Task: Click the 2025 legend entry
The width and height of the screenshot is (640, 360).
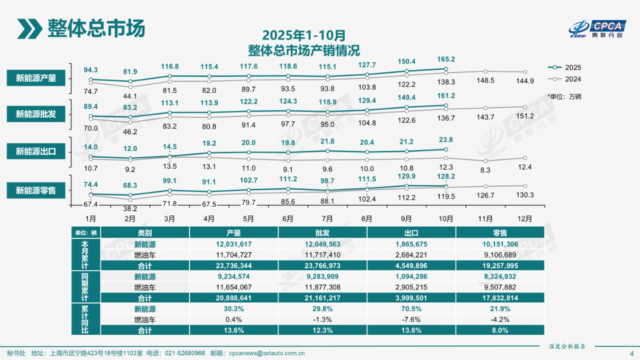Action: [x=565, y=67]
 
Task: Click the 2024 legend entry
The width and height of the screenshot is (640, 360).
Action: [x=565, y=79]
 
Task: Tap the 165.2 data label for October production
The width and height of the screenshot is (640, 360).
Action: [x=445, y=58]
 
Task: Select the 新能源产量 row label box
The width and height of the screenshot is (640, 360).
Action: [x=36, y=78]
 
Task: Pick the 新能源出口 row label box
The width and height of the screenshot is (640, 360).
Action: [x=36, y=151]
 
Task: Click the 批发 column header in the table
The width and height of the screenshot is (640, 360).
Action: [x=322, y=232]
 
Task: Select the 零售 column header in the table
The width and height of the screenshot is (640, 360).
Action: [x=500, y=232]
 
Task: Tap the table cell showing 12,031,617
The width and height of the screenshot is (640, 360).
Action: [x=233, y=244]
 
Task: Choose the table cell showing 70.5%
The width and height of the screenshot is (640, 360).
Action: [x=411, y=309]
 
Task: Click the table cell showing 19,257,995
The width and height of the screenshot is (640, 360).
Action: [x=500, y=265]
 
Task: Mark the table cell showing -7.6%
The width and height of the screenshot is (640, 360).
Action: [x=411, y=319]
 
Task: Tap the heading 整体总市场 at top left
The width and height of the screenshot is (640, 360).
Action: [x=96, y=28]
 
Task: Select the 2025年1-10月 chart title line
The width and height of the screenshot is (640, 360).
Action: [x=303, y=36]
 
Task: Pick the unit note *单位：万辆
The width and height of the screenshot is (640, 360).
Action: [x=564, y=96]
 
